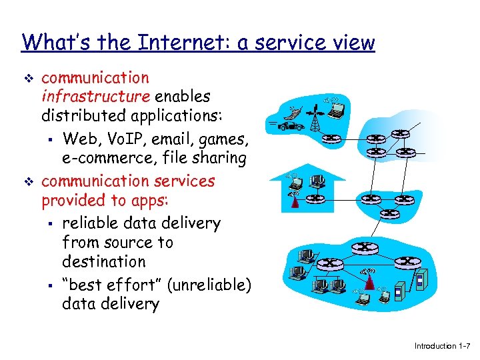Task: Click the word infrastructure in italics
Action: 95,97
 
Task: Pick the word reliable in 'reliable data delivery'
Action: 90,223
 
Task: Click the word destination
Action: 103,261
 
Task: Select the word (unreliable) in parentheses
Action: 209,285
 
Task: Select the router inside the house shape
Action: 317,198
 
